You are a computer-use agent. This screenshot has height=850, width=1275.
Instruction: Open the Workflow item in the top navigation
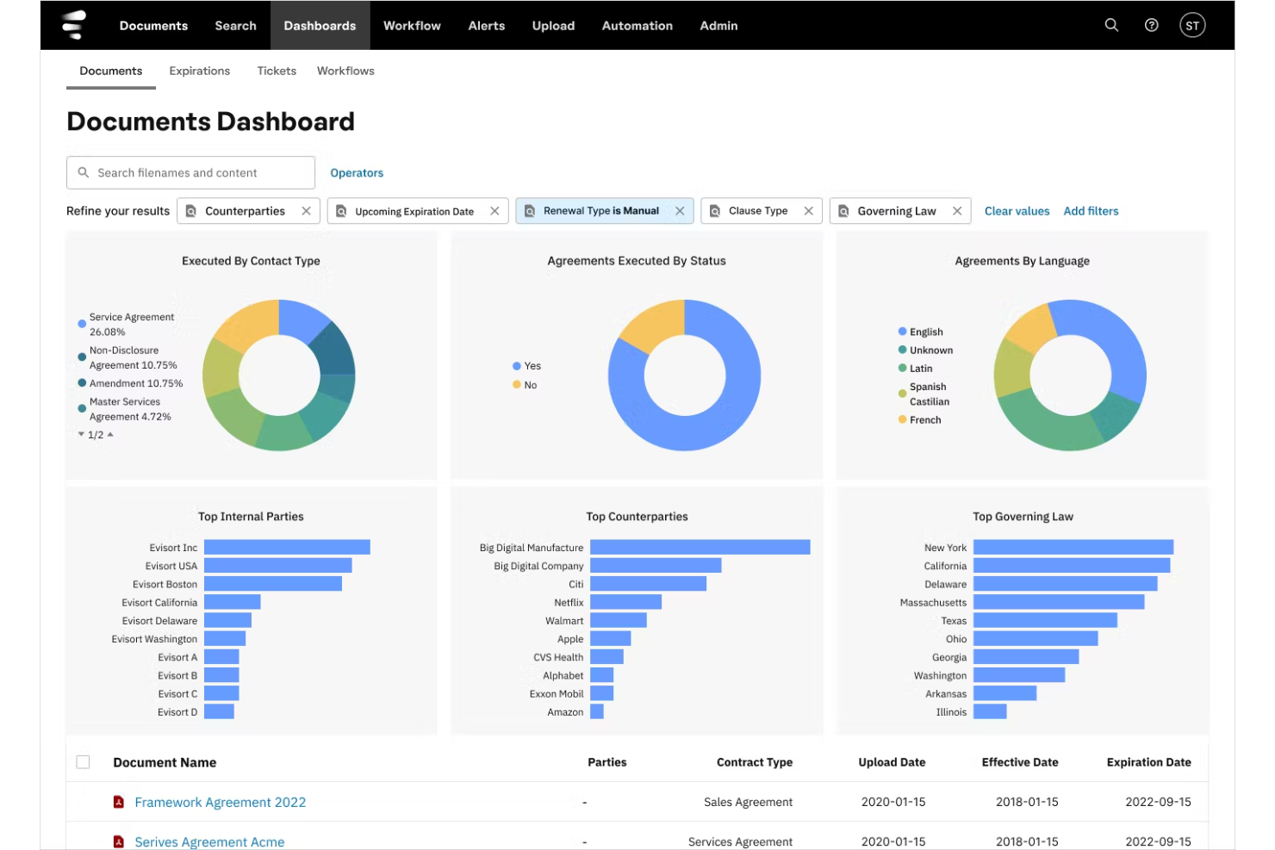pos(412,26)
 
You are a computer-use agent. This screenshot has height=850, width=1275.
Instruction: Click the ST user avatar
pos(1192,26)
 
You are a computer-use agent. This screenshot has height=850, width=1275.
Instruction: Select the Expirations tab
pos(199,71)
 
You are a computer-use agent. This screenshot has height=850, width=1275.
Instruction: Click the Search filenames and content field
pos(190,172)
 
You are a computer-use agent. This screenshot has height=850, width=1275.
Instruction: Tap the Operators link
pos(357,172)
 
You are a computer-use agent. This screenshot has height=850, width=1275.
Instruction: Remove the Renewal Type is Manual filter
pos(680,211)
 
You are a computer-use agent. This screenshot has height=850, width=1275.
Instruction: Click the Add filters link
pos(1091,211)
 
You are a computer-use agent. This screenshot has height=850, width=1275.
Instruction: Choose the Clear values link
pos(1017,211)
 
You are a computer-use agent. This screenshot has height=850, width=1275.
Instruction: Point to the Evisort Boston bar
pos(273,584)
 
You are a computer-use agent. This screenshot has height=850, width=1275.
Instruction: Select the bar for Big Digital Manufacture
pos(700,548)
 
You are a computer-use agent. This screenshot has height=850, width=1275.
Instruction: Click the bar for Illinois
pos(990,711)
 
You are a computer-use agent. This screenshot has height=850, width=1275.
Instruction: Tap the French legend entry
pos(919,420)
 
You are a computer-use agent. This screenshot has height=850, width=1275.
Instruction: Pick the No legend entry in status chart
pos(525,385)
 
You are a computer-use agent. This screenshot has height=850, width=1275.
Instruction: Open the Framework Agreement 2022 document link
pos(221,802)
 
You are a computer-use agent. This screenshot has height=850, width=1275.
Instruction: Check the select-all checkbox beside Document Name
pos(83,762)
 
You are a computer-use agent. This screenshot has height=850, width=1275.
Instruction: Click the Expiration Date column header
pos(1148,762)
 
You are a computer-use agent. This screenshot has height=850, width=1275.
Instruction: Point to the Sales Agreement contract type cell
pos(748,802)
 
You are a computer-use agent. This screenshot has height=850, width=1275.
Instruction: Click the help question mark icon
pos(1152,26)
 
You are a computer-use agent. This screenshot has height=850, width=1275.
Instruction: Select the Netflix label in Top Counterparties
pos(569,602)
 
